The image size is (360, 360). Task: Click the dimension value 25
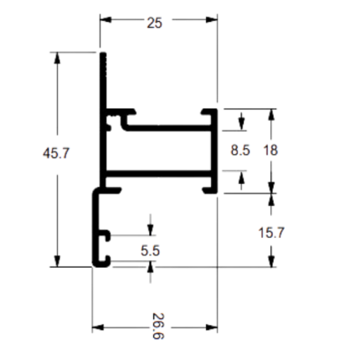coord(154,23)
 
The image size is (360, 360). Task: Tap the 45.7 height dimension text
coord(56,153)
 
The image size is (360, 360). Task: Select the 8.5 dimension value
coord(240,151)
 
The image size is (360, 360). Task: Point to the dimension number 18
coord(270,151)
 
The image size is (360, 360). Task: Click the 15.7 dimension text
coord(271,233)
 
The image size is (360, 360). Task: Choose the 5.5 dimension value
coord(150,250)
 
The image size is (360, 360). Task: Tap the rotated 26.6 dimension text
coord(158,326)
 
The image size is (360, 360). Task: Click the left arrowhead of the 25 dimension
coord(105,19)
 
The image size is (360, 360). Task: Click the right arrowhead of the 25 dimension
coord(212,19)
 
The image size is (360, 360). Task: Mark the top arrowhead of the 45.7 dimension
coord(57,58)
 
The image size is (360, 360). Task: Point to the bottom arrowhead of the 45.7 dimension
coord(57,261)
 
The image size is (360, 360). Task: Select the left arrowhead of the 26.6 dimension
coord(98,327)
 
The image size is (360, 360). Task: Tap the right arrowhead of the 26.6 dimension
coord(212,327)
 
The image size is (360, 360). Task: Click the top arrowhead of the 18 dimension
coord(271,115)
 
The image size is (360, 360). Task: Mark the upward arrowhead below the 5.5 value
coord(151,267)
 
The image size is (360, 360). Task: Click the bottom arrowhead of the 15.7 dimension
coord(271,261)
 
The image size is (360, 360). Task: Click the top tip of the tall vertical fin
coord(103,53)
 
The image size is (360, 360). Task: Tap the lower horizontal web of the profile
coord(158,174)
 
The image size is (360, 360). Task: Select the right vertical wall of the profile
coord(214,151)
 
